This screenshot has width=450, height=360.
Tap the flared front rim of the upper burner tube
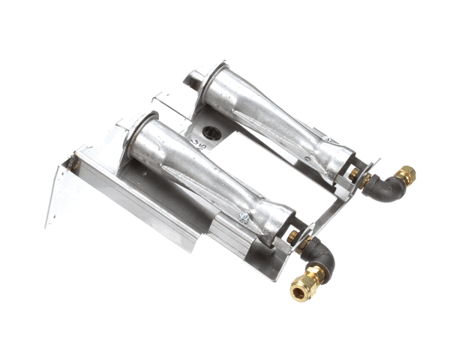click(211, 76)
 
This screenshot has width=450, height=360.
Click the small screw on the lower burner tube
click(243, 217)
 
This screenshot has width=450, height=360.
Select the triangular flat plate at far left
click(59, 192)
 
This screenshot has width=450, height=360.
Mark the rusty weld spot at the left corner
click(74, 161)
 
